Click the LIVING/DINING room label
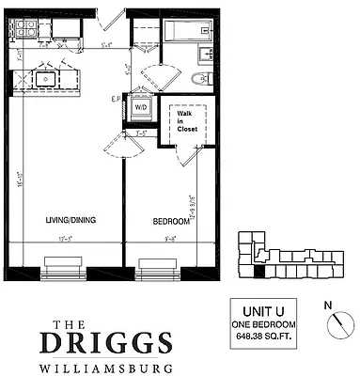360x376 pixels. coord(70,220)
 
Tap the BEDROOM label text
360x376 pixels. coord(172,221)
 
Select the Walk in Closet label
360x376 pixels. coord(186,120)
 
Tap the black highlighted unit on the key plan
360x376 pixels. coord(259,272)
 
